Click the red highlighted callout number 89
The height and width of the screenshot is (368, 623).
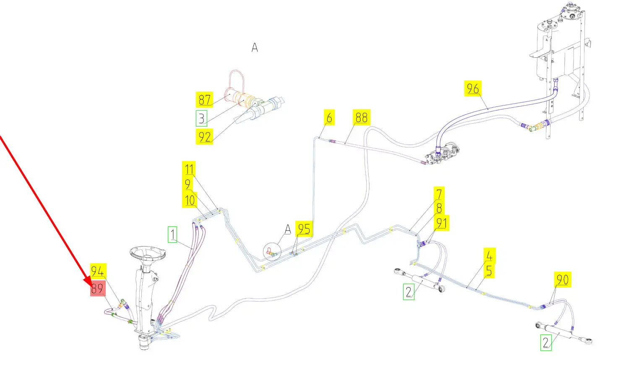point(97,289)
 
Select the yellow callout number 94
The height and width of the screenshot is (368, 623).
point(97,271)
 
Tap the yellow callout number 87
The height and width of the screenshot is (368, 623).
point(204,100)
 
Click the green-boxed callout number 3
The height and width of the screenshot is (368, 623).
point(201,118)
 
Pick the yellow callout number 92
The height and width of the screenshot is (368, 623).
point(204,137)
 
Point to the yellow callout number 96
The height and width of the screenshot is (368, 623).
point(473,89)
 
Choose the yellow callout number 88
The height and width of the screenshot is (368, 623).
point(361,117)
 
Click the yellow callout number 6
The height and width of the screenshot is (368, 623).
point(329,118)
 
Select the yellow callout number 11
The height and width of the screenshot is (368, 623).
point(189,169)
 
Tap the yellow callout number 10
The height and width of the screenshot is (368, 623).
point(190,200)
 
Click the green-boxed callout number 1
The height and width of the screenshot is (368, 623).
point(172,234)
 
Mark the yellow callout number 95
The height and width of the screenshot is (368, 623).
point(304,229)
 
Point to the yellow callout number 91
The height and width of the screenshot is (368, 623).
point(441,223)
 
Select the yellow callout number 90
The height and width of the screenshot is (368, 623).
point(562,280)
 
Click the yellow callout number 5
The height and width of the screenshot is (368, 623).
point(489,270)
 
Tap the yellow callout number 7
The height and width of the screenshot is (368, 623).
point(439,194)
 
